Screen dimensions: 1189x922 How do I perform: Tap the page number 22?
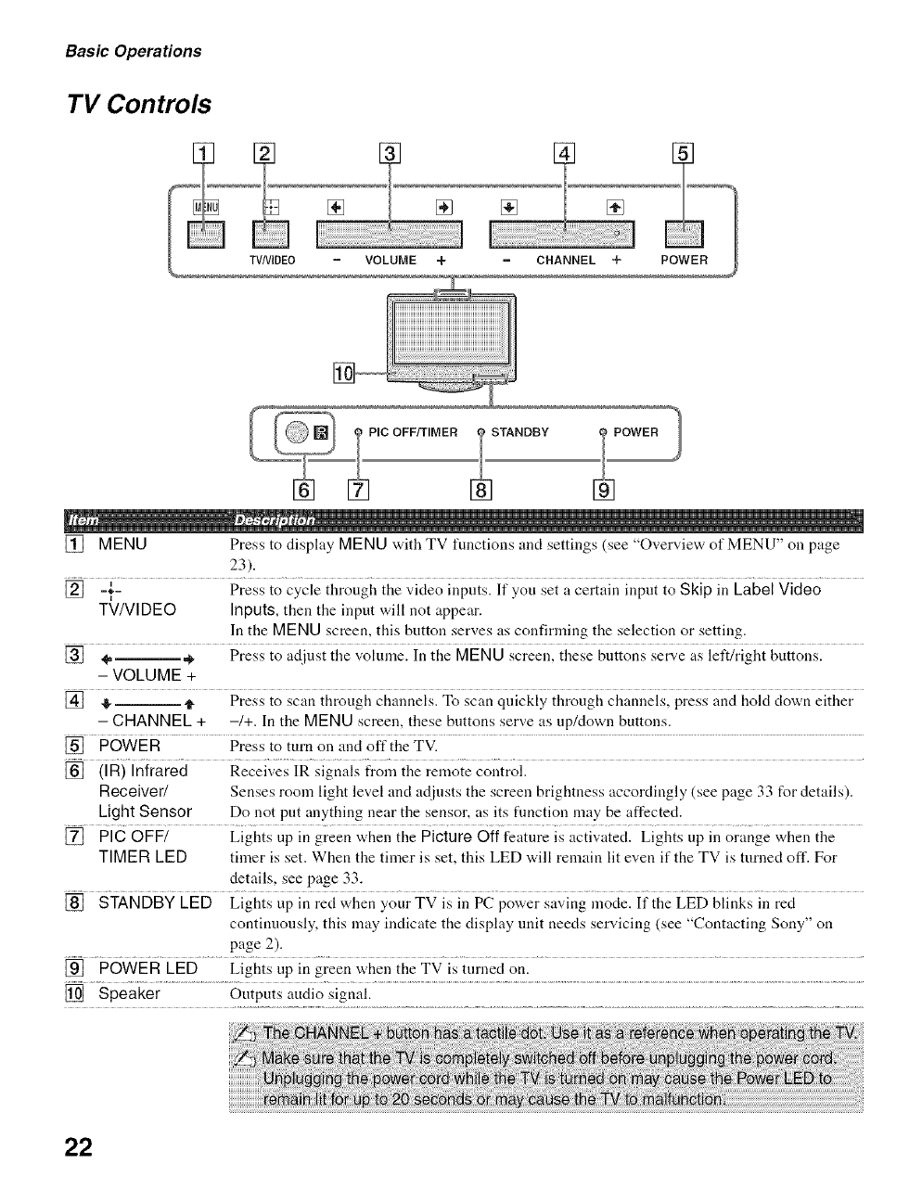pyautogui.click(x=79, y=1146)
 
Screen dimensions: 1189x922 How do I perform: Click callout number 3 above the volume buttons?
pyautogui.click(x=390, y=154)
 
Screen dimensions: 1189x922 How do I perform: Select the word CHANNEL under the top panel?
pyautogui.click(x=565, y=261)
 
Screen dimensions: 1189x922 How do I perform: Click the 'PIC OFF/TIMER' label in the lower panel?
pyautogui.click(x=413, y=432)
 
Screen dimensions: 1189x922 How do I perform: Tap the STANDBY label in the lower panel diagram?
pyautogui.click(x=519, y=432)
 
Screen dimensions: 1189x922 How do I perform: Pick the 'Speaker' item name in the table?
pyautogui.click(x=129, y=994)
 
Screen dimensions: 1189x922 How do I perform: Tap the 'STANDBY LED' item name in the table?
pyautogui.click(x=155, y=903)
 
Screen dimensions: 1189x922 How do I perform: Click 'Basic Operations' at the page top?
pyautogui.click(x=133, y=51)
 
